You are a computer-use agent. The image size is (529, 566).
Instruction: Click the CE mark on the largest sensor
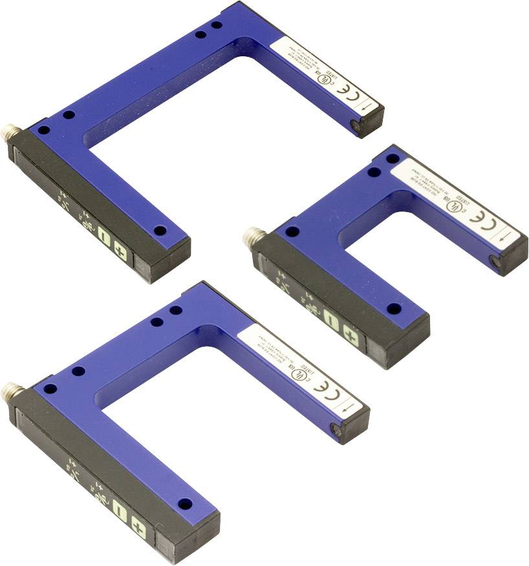[x=343, y=87]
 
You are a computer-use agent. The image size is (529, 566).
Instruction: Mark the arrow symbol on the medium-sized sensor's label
[x=349, y=408]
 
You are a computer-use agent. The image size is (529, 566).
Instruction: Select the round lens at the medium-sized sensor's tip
[x=336, y=428]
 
